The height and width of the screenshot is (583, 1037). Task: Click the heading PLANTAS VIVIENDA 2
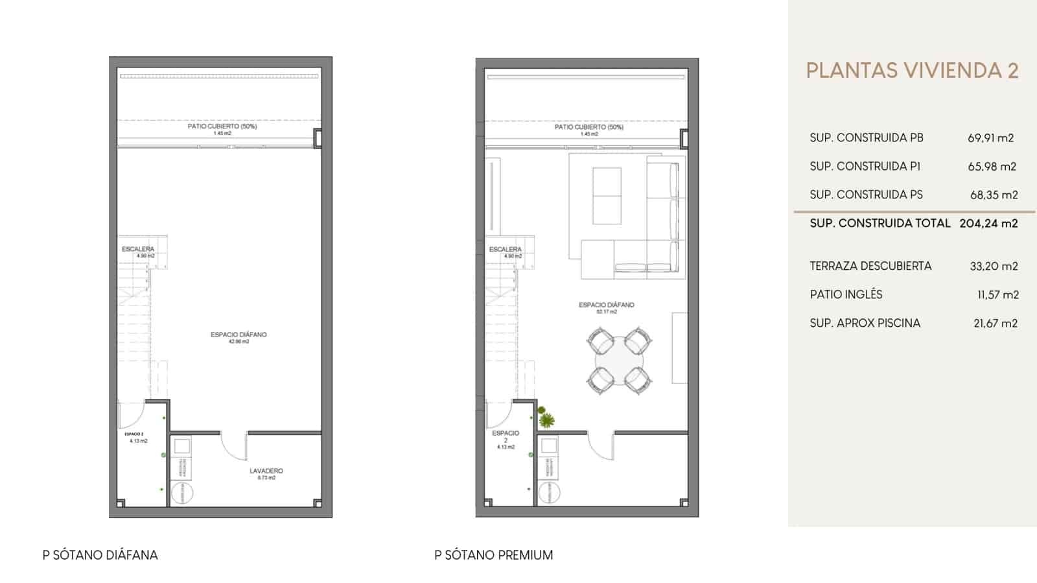click(912, 71)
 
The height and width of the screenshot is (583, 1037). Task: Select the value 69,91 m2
click(990, 137)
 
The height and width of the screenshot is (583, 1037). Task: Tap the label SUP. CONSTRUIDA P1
click(865, 166)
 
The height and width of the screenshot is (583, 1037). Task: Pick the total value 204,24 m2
click(988, 223)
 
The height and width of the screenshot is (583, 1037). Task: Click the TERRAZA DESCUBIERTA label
click(870, 266)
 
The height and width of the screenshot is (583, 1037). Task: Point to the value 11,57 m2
click(997, 294)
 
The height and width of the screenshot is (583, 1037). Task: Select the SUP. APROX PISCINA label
click(865, 323)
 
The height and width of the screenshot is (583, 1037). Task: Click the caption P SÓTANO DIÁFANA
click(100, 555)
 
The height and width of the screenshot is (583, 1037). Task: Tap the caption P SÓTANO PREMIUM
click(493, 555)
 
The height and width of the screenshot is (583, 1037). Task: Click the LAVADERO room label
click(266, 471)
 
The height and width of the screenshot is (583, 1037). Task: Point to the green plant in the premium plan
click(546, 420)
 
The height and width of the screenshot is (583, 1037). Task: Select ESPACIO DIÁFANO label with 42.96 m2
click(239, 335)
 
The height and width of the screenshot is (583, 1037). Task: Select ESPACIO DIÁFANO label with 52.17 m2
click(606, 305)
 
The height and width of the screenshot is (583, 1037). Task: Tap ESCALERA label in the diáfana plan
click(138, 249)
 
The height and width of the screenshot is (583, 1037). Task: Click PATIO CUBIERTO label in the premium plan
click(588, 127)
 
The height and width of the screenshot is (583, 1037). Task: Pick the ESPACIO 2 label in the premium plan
click(506, 436)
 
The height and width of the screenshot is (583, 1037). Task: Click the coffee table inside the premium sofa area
click(607, 196)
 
